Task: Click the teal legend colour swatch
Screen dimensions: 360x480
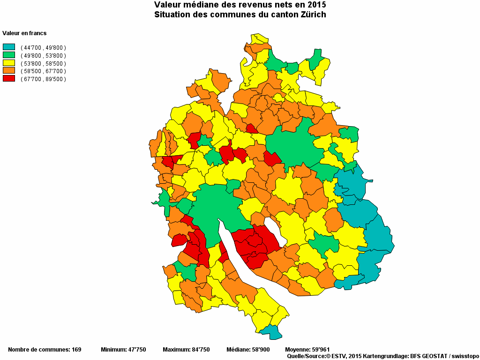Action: click(9, 47)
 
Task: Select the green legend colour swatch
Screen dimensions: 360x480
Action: click(9, 55)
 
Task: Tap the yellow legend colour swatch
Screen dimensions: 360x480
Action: click(9, 63)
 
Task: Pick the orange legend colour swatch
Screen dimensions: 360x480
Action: click(9, 71)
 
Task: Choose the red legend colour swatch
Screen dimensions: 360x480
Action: click(9, 78)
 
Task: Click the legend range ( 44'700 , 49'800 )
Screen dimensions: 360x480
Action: click(43, 48)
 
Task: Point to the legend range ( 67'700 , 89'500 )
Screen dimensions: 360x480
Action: click(43, 79)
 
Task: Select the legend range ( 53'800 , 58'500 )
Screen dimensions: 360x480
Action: click(43, 63)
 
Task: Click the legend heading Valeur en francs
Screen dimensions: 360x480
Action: click(24, 33)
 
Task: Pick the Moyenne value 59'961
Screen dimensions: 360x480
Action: click(320, 350)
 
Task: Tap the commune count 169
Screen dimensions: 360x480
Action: click(76, 350)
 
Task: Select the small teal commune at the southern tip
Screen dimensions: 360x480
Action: click(271, 332)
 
